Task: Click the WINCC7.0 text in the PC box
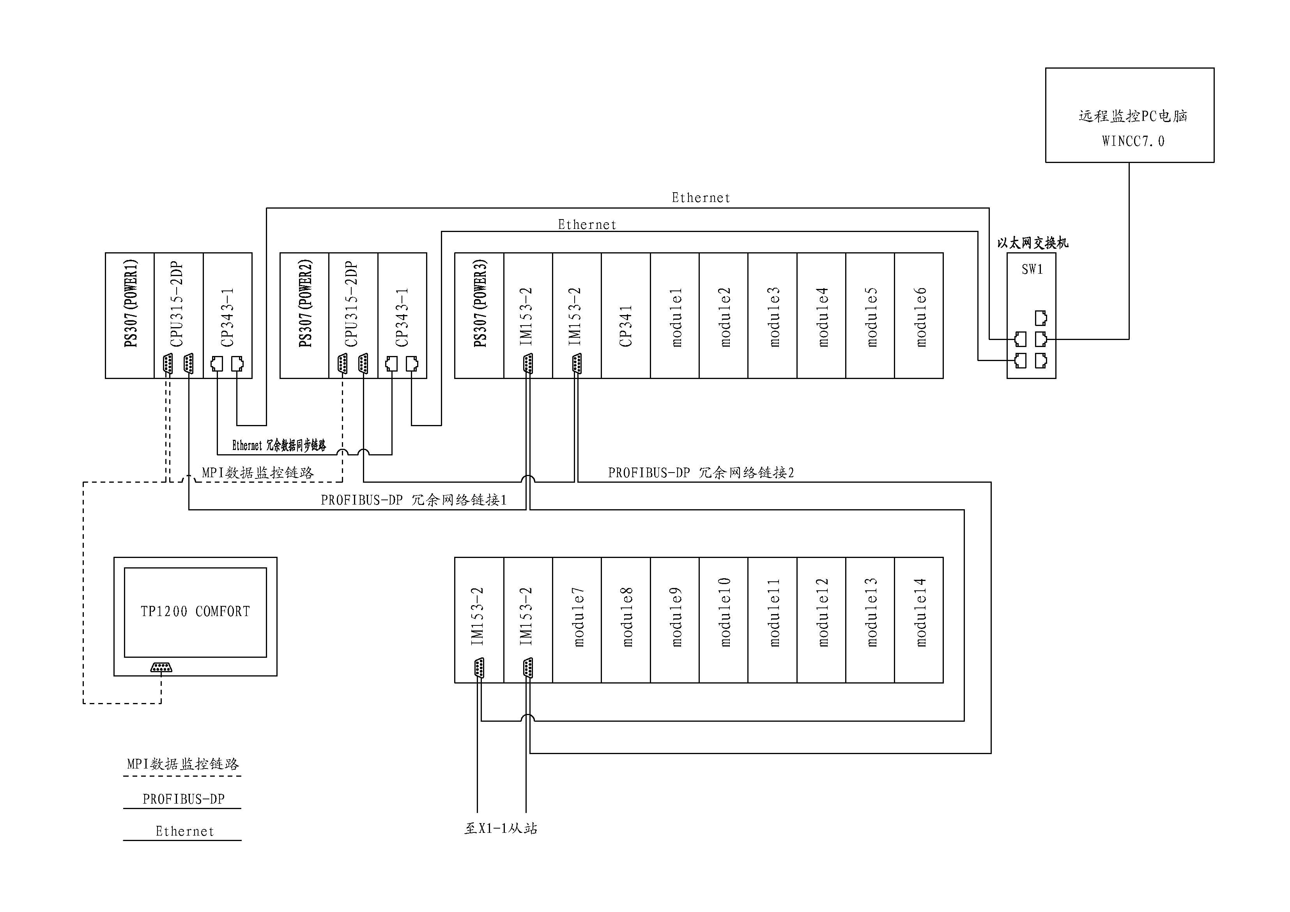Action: pos(1133,141)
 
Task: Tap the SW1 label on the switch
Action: pos(1032,270)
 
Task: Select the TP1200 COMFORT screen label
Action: pos(195,611)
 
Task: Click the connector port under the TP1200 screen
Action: pos(161,668)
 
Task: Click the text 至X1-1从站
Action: pos(501,828)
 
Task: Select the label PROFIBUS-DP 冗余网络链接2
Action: pos(701,473)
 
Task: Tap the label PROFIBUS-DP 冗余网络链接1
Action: pos(414,500)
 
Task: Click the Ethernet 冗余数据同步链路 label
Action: pos(279,446)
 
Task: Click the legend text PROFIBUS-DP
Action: pos(183,799)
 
